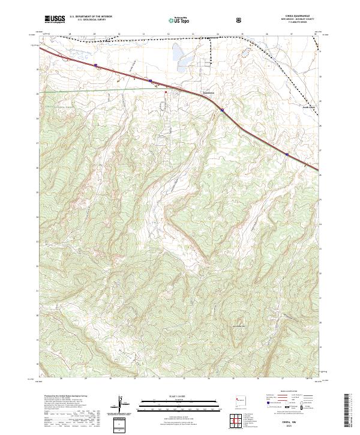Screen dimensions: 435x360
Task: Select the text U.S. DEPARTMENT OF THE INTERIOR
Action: pyautogui.click(x=91, y=17)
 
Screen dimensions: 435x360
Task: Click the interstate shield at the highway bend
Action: pyautogui.click(x=221, y=110)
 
